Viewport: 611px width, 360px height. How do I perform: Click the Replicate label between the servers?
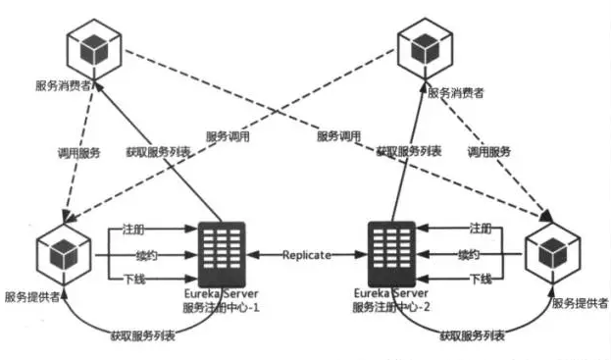pyautogui.click(x=307, y=255)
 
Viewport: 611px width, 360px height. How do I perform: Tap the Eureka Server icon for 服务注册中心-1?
pyautogui.click(x=222, y=254)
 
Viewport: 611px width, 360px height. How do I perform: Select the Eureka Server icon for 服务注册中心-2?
pyautogui.click(x=391, y=254)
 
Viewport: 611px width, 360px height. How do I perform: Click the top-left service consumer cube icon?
pyautogui.click(x=94, y=49)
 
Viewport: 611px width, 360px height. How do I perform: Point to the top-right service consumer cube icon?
pyautogui.click(x=425, y=49)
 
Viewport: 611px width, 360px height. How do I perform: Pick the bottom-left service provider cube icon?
pyautogui.click(x=64, y=254)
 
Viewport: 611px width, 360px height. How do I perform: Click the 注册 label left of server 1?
pyautogui.click(x=133, y=230)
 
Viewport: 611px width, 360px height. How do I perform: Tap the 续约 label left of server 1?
pyautogui.click(x=146, y=256)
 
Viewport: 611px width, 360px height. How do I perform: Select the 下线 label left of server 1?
pyautogui.click(x=134, y=279)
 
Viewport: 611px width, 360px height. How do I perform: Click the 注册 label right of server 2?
pyautogui.click(x=481, y=229)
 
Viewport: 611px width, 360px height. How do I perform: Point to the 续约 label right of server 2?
pyautogui.click(x=469, y=255)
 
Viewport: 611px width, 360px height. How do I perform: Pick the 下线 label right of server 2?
pyautogui.click(x=481, y=279)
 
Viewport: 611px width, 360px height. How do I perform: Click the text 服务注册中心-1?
pyautogui.click(x=221, y=307)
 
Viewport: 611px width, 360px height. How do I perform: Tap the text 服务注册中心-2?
pyautogui.click(x=391, y=307)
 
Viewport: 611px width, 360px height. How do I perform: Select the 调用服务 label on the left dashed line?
pyautogui.click(x=79, y=153)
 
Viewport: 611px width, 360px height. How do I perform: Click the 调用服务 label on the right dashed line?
pyautogui.click(x=489, y=152)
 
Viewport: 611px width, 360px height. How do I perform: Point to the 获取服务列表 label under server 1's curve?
pyautogui.click(x=142, y=335)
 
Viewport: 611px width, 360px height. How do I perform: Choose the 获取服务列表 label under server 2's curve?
pyautogui.click(x=473, y=335)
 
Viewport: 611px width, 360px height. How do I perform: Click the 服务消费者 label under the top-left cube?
pyautogui.click(x=63, y=85)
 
